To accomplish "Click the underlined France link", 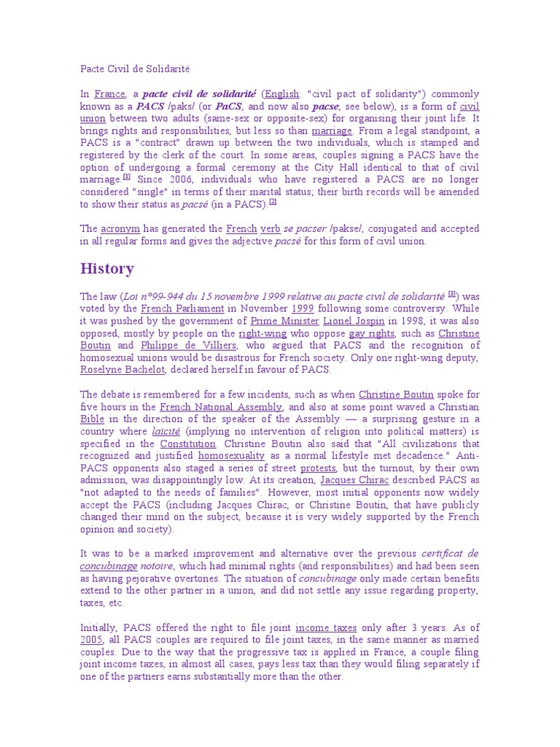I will [x=110, y=93].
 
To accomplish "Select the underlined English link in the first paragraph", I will [x=281, y=93].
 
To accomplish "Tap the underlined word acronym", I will [x=120, y=228].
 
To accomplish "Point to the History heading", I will [x=107, y=268].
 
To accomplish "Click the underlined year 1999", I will [x=302, y=308].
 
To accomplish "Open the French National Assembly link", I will [x=221, y=406].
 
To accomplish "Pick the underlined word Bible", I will [x=92, y=419].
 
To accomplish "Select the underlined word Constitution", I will [x=188, y=444].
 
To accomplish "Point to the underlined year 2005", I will [x=92, y=639].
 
